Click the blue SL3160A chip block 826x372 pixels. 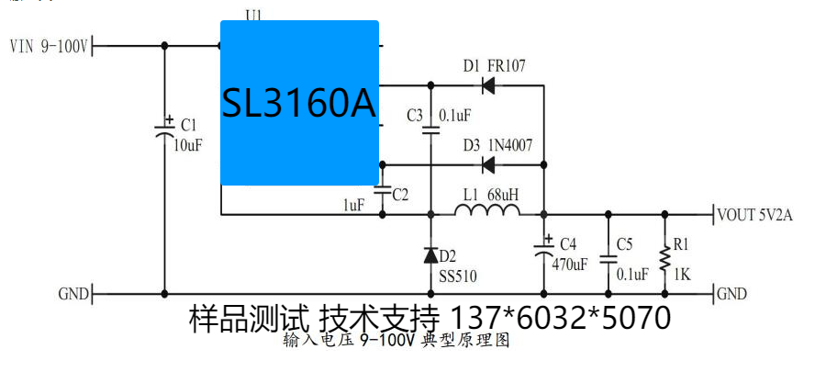pyautogui.click(x=299, y=103)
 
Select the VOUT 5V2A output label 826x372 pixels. pyautogui.click(x=756, y=216)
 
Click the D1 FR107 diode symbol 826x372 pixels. pyautogui.click(x=488, y=87)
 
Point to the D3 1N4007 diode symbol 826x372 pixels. pyautogui.click(x=488, y=165)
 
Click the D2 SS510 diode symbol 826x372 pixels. pyautogui.click(x=430, y=254)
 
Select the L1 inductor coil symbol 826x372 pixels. pyautogui.click(x=486, y=212)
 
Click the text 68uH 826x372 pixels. pyautogui.click(x=503, y=195)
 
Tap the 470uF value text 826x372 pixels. pyautogui.click(x=569, y=265)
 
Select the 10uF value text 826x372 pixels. pyautogui.click(x=187, y=145)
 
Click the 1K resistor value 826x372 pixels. pyautogui.click(x=682, y=273)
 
